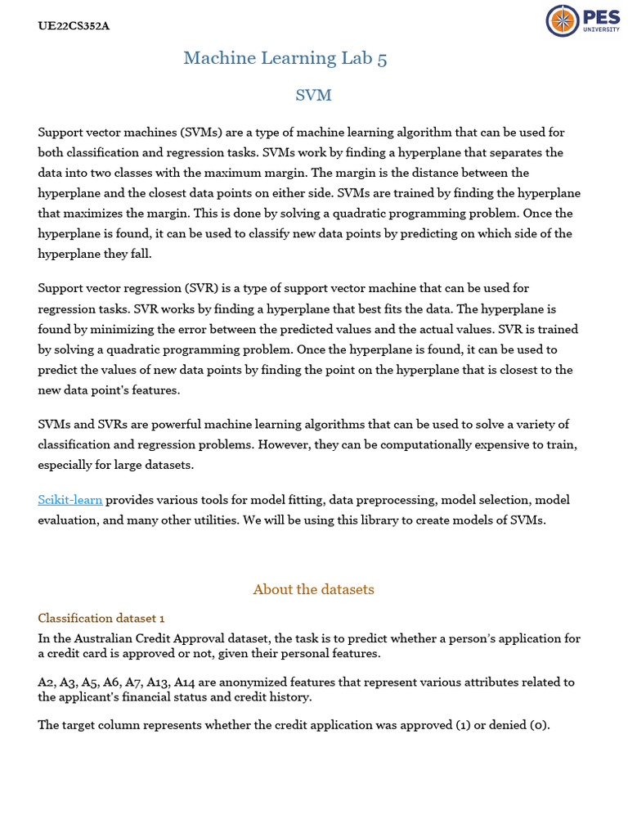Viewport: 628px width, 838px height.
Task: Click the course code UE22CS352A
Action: click(x=74, y=25)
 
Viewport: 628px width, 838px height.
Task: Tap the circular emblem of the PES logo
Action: click(x=562, y=20)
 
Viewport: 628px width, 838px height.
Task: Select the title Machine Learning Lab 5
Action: click(x=285, y=57)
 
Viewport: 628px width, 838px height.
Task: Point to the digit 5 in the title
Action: click(x=383, y=57)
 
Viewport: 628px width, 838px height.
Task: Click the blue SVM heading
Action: click(x=313, y=96)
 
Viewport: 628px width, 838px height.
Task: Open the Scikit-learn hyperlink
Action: click(x=70, y=499)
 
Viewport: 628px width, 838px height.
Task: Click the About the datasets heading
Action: click(x=313, y=589)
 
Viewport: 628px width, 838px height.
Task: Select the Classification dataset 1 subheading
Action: click(x=101, y=618)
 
